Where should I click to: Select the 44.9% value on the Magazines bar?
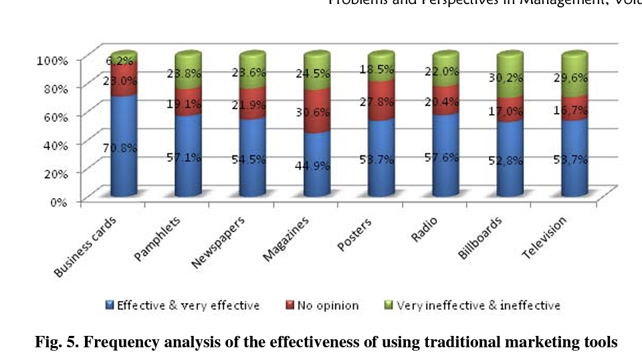click(316, 165)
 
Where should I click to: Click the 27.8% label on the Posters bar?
click(381, 100)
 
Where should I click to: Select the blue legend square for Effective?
click(110, 305)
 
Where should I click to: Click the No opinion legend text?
click(328, 306)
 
